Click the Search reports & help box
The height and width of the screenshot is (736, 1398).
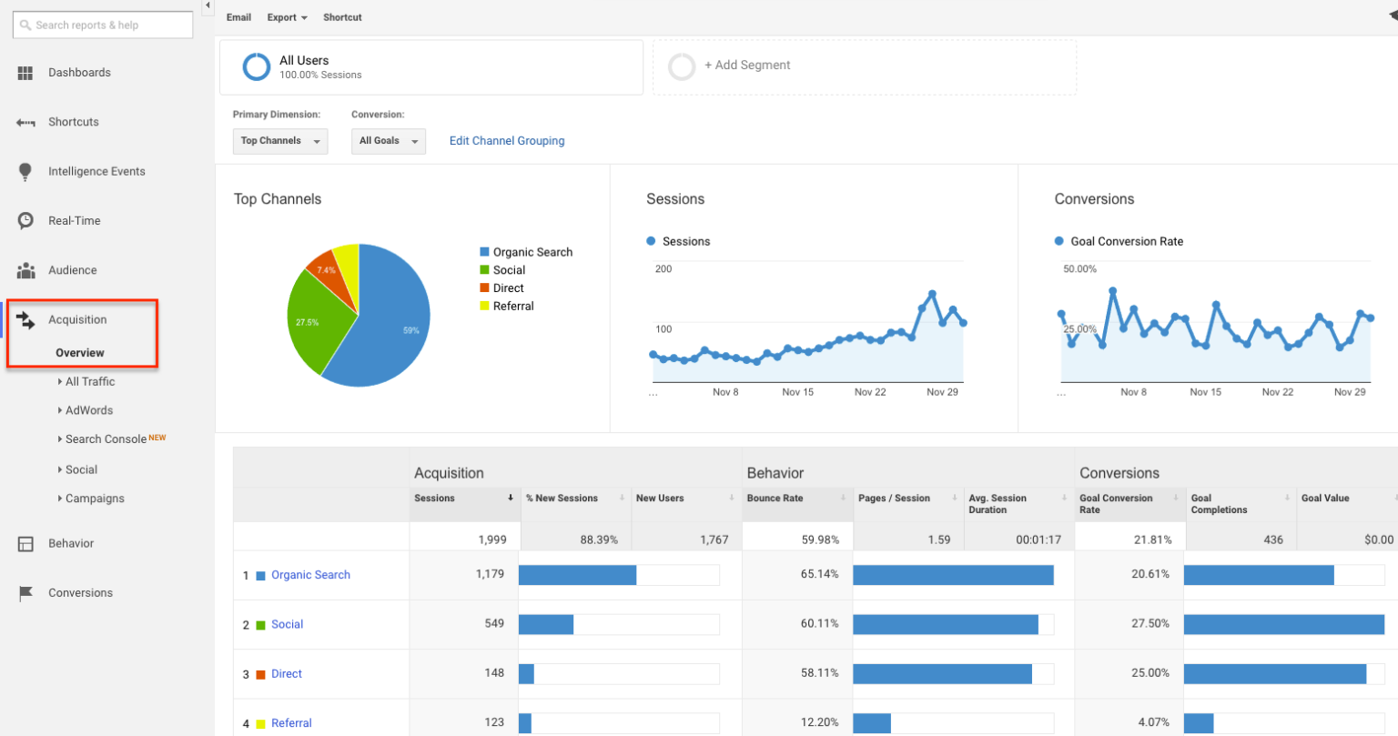103,25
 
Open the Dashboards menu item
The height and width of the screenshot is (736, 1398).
79,73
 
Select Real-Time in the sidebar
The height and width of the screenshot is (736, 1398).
74,221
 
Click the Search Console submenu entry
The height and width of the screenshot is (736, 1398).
106,439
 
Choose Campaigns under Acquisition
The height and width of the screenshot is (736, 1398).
95,499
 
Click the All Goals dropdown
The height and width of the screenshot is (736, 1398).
388,141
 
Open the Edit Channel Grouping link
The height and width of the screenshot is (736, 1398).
507,141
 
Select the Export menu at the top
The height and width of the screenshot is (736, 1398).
287,17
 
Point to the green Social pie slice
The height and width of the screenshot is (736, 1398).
314,318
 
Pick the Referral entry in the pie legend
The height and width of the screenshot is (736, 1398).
512,307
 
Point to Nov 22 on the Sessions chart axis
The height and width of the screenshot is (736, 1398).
869,392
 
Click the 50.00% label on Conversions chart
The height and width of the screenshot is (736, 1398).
1079,269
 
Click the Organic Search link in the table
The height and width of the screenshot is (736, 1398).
310,575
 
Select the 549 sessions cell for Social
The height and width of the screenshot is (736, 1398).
494,624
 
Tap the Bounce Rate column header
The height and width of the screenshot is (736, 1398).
775,499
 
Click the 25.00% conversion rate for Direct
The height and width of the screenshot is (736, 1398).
1150,673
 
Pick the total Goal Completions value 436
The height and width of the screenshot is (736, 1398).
1272,539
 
